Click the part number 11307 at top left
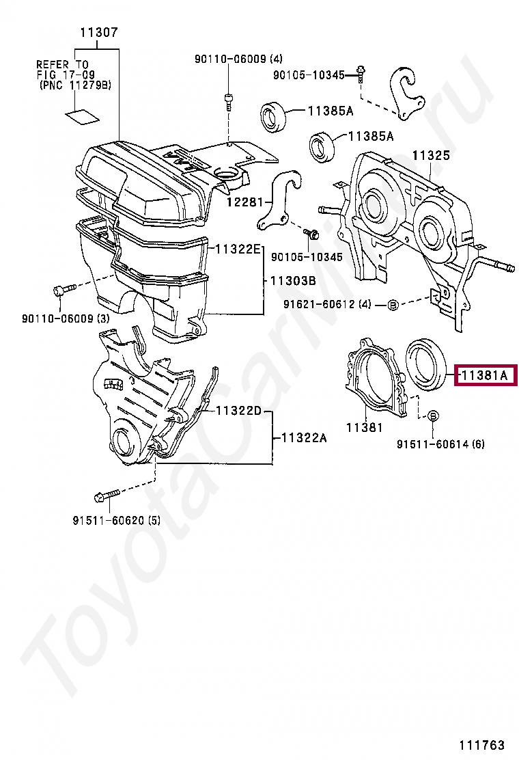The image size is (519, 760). [99, 32]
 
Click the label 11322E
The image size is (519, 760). [238, 249]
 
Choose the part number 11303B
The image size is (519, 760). [292, 280]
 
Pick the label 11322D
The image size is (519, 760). [238, 411]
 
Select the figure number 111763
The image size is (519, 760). [481, 745]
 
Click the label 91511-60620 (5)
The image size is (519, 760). [116, 520]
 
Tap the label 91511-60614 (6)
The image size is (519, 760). [440, 444]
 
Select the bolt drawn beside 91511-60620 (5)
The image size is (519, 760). [108, 493]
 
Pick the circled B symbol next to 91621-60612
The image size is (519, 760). [393, 305]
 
